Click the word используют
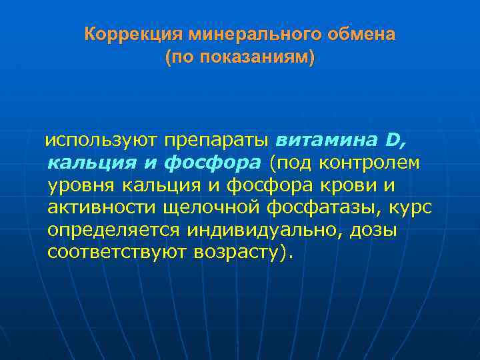(100, 140)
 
